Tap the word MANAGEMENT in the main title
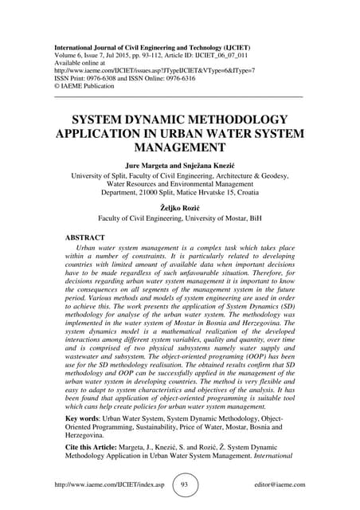pyautogui.click(x=180, y=147)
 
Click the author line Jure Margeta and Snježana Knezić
pyautogui.click(x=180, y=164)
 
